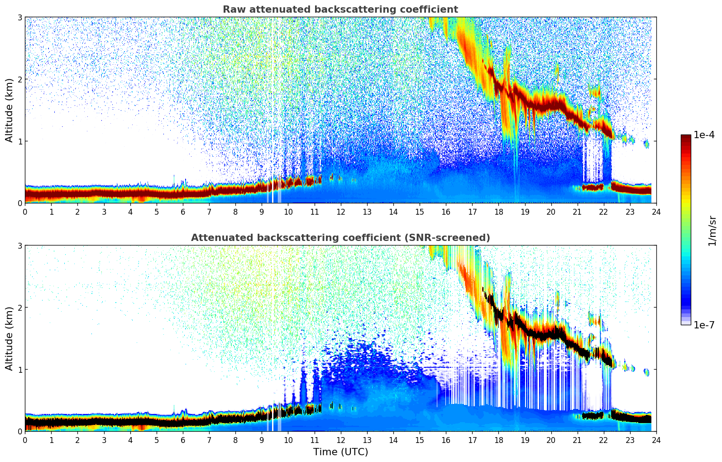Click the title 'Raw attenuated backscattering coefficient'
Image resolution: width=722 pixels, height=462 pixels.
click(340, 10)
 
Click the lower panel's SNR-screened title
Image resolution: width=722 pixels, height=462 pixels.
click(340, 238)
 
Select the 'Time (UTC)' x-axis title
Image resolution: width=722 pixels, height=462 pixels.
click(340, 452)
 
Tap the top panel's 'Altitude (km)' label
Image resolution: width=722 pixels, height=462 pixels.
click(10, 110)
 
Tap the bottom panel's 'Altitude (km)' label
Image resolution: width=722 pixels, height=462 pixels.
click(10, 338)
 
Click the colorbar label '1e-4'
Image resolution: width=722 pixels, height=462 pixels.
click(704, 135)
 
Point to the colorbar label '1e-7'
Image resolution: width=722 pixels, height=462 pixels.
click(704, 325)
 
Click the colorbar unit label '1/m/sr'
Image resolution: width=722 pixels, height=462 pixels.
click(712, 231)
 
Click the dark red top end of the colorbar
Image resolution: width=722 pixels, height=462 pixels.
click(686, 137)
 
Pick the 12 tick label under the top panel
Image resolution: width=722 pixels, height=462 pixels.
click(340, 212)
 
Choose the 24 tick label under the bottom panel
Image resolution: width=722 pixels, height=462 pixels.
click(656, 440)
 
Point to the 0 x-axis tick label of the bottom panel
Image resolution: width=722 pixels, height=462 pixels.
click(25, 440)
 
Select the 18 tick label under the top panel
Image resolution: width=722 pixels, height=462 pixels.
click(498, 212)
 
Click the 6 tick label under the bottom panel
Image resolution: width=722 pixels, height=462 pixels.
click(183, 440)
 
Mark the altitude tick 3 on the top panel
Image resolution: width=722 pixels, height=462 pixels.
click(19, 17)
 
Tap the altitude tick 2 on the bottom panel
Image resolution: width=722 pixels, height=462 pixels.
click(19, 308)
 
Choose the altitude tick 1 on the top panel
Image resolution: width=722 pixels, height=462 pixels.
click(19, 141)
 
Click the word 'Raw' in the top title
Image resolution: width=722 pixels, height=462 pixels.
click(233, 10)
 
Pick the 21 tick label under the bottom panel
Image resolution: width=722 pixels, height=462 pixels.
click(577, 440)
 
